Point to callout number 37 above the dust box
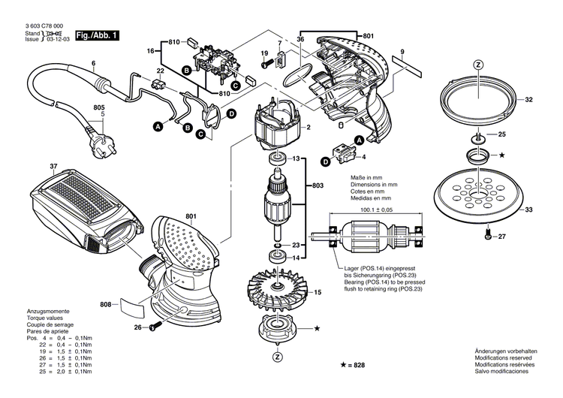pyautogui.click(x=32, y=166)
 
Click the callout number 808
pyautogui.click(x=107, y=304)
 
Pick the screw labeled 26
pyautogui.click(x=156, y=327)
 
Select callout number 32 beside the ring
pyautogui.click(x=528, y=99)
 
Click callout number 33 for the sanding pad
pyautogui.click(x=528, y=210)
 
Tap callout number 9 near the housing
pyautogui.click(x=402, y=51)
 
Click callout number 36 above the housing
pyautogui.click(x=300, y=38)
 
